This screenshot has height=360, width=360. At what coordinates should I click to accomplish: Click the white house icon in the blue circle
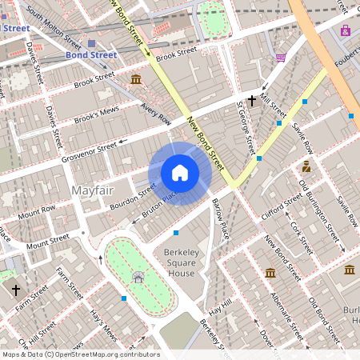pyautogui.click(x=180, y=173)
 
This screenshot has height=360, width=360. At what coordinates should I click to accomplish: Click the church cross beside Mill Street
pyautogui.click(x=252, y=101)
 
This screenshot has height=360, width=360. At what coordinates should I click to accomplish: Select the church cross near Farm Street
pyautogui.click(x=15, y=289)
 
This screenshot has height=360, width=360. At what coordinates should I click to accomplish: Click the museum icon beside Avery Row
pyautogui.click(x=137, y=79)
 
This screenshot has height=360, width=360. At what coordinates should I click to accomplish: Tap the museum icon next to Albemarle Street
pyautogui.click(x=270, y=273)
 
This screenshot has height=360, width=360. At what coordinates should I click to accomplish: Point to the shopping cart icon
pyautogui.click(x=281, y=57)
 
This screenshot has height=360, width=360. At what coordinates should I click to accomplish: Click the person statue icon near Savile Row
pyautogui.click(x=306, y=166)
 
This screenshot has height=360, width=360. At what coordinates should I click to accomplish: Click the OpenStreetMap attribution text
pyautogui.click(x=80, y=354)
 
